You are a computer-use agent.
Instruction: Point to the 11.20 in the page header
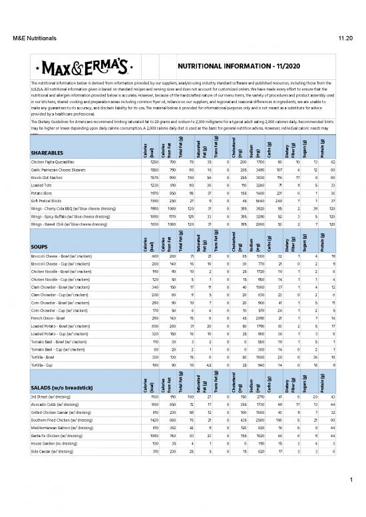click(344, 39)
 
